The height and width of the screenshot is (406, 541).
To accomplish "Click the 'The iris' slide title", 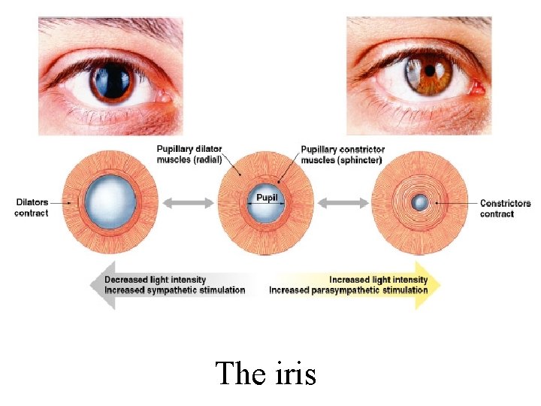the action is [265, 373].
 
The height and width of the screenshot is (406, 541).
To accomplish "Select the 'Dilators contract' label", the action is [31, 208].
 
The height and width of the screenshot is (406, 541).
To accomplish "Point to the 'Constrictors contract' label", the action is [505, 208].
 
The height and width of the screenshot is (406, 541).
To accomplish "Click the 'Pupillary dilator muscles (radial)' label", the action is [189, 154].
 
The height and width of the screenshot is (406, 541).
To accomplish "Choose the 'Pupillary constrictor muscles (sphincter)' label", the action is [341, 154].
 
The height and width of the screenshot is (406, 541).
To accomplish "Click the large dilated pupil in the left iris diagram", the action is [110, 202].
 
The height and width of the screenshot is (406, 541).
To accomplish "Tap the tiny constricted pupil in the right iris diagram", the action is [420, 202].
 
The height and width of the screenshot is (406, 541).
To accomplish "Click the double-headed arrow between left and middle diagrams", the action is [188, 202].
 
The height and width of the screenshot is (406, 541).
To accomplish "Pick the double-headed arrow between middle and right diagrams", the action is [343, 202].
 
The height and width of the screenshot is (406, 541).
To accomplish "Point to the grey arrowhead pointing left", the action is [99, 285].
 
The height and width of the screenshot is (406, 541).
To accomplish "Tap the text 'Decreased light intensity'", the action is [156, 280].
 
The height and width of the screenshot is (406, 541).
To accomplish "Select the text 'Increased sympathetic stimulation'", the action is [175, 290].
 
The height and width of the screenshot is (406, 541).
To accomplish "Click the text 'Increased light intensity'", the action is [378, 280].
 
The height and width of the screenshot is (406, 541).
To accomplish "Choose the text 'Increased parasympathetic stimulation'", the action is [348, 290].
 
